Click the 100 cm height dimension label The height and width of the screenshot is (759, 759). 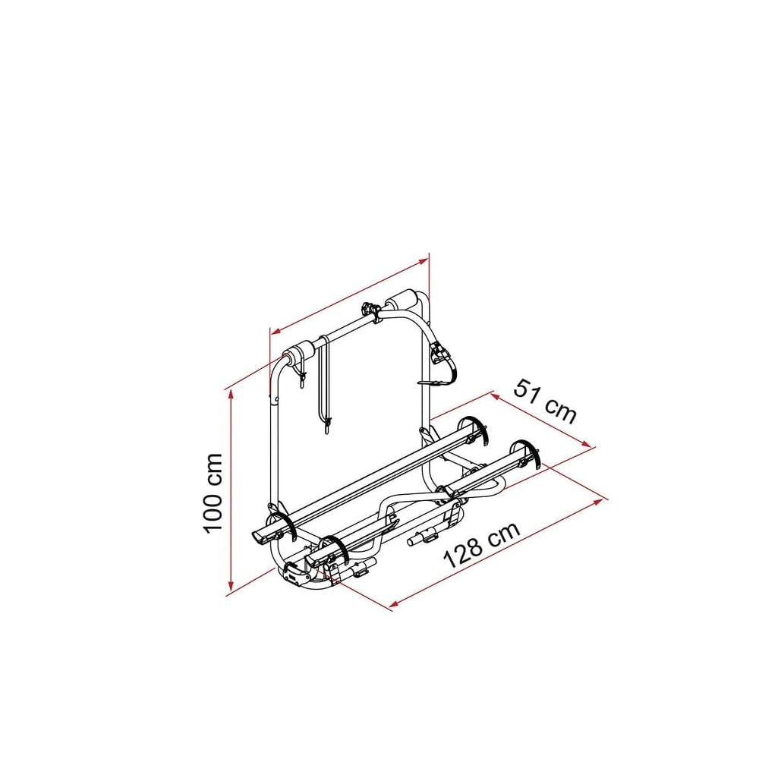(213, 494)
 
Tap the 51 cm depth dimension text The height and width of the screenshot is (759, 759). (545, 402)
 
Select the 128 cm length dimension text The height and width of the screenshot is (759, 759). (482, 544)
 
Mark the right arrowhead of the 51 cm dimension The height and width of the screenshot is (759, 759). (586, 443)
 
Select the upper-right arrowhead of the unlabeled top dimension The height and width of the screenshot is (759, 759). (424, 261)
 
